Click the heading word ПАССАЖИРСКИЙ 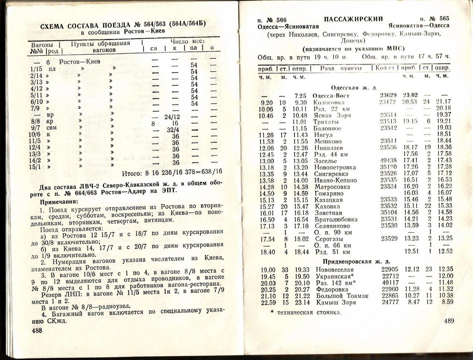point(353,19)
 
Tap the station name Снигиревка point(331,174)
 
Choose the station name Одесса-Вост point(331,96)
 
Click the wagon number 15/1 point(36,167)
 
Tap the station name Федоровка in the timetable point(332,289)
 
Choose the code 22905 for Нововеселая point(390,270)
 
